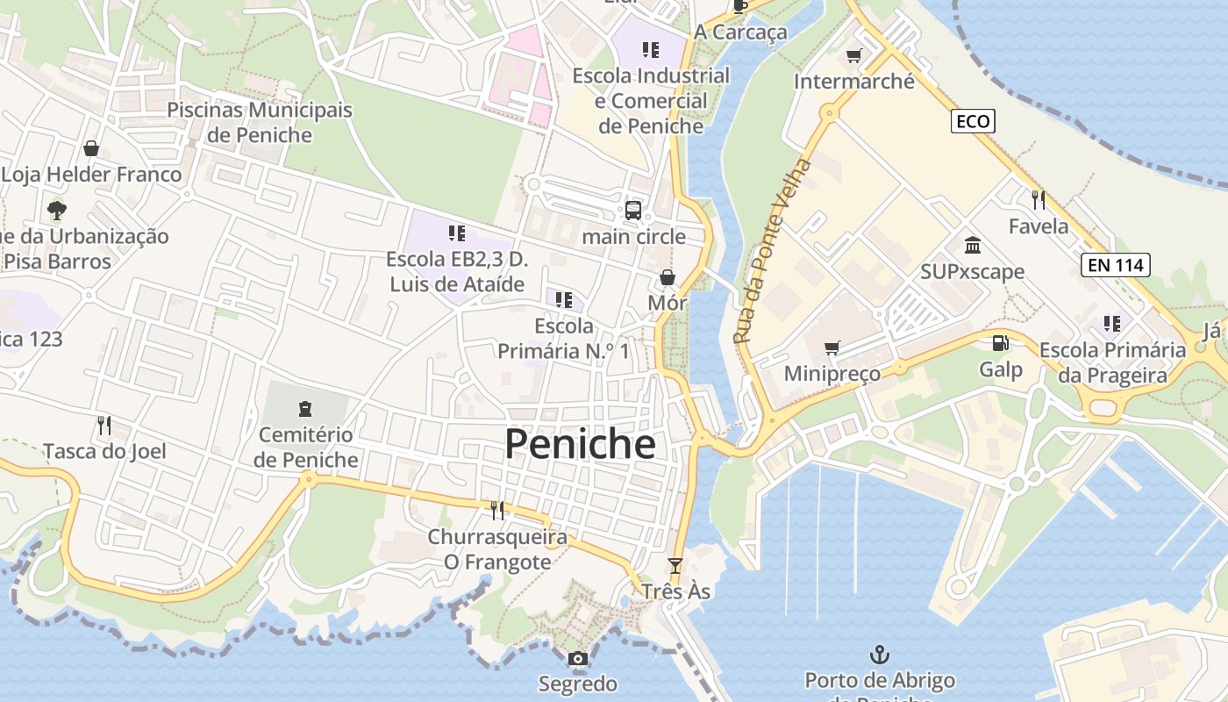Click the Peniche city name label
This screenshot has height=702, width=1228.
click(x=580, y=444)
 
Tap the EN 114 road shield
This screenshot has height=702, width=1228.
click(x=1115, y=265)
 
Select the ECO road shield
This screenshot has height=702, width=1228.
click(x=973, y=121)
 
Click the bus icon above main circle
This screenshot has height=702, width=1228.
click(x=632, y=211)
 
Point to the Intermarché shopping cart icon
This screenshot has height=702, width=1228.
click(x=853, y=56)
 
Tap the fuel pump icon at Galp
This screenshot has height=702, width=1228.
click(x=1000, y=343)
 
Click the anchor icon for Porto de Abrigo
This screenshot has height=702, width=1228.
click(x=879, y=655)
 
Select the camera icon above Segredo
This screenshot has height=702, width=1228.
click(x=577, y=659)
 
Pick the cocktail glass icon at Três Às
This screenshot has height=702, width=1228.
click(x=675, y=565)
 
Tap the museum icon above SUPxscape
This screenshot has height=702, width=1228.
click(x=972, y=245)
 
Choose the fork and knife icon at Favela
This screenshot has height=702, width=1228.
click(x=1039, y=199)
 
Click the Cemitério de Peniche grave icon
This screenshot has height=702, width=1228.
click(x=304, y=408)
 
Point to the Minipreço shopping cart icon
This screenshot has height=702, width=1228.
click(x=832, y=348)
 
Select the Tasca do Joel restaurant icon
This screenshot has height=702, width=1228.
click(x=104, y=426)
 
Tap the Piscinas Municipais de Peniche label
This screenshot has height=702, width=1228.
click(x=260, y=122)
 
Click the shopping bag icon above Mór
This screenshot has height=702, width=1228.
click(x=667, y=277)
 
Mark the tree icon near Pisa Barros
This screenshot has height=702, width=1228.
click(x=57, y=211)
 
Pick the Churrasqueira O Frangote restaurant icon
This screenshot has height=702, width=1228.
click(x=497, y=510)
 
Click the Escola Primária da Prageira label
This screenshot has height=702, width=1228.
click(x=1112, y=362)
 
